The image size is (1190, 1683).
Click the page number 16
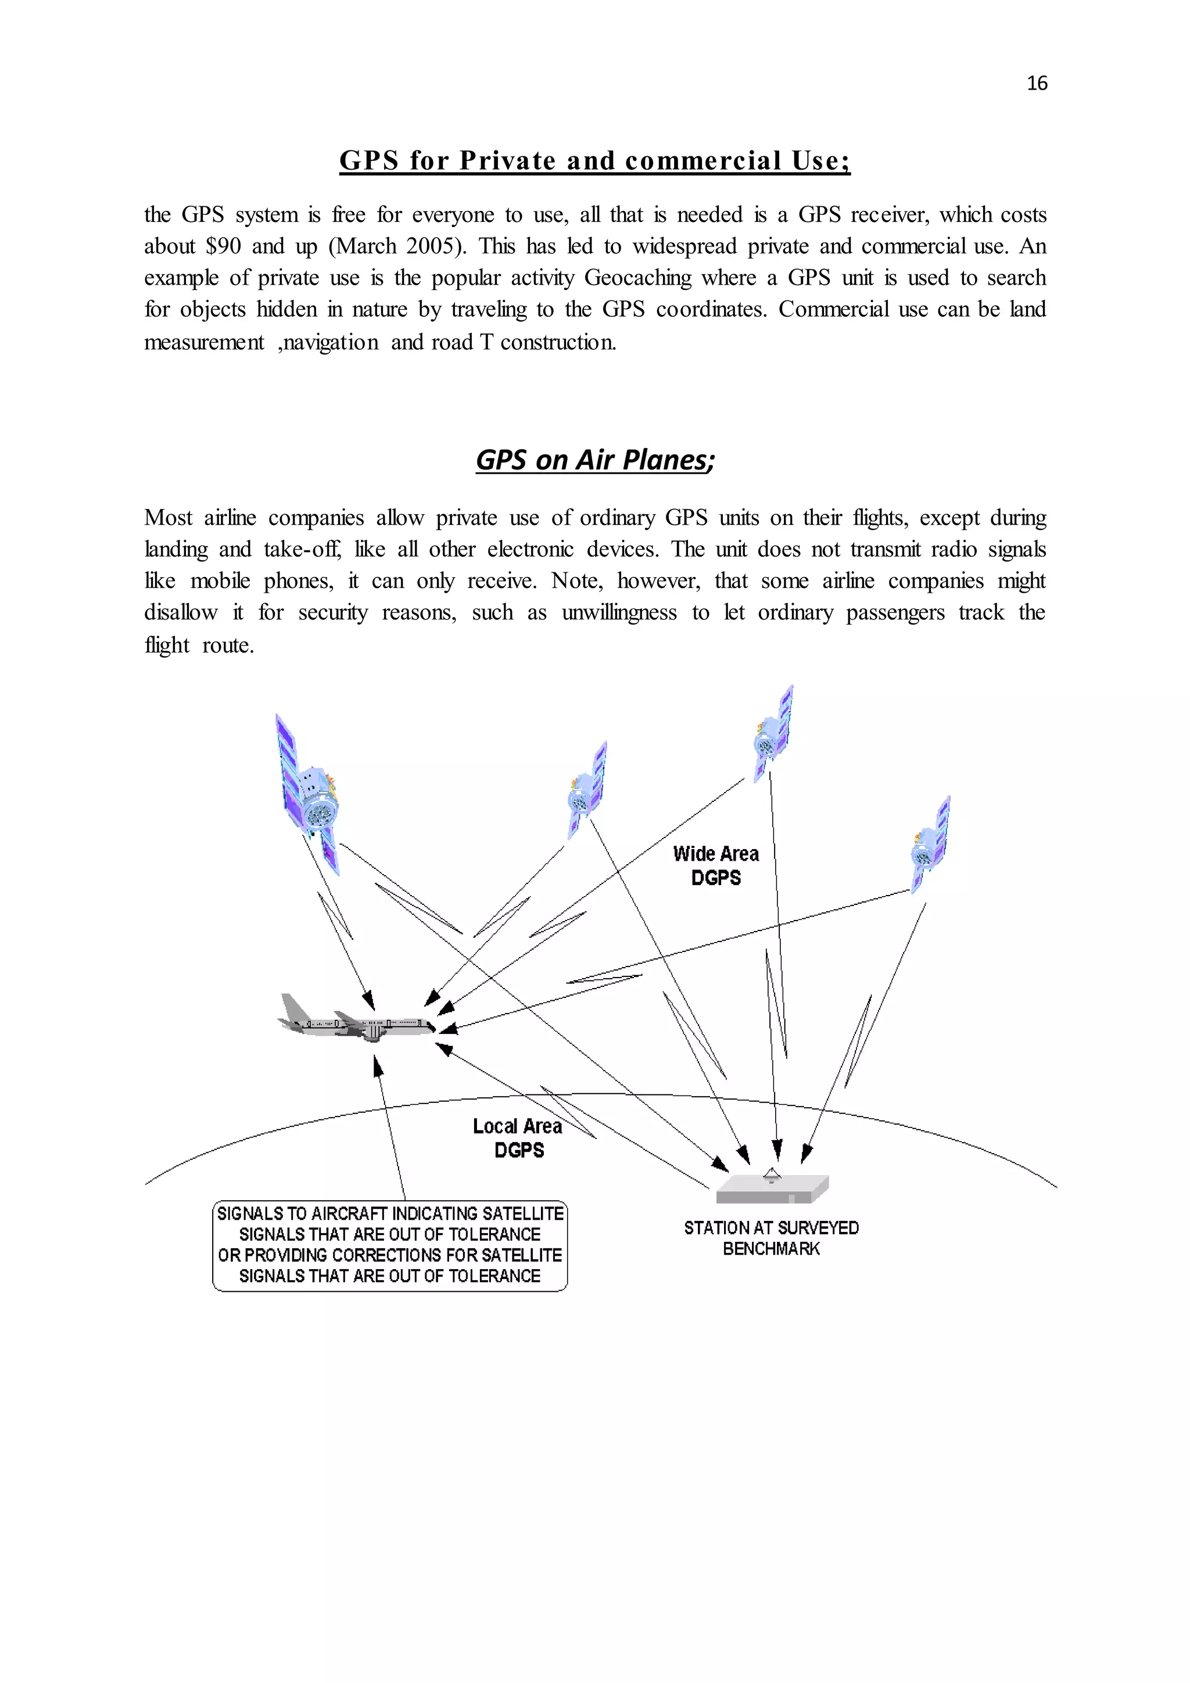[x=1037, y=84]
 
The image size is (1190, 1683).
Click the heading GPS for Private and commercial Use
[x=594, y=160]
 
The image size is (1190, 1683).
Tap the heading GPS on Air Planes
[x=594, y=460]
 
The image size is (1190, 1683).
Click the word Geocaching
[x=637, y=278]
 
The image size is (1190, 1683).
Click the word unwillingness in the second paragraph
[x=619, y=613]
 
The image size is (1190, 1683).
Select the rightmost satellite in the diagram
[x=931, y=844]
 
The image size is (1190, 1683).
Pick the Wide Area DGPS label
[x=716, y=866]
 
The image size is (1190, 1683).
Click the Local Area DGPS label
[x=518, y=1138]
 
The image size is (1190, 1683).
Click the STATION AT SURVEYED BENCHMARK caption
[x=771, y=1238]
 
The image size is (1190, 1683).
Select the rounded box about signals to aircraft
[x=390, y=1245]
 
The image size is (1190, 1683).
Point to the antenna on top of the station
[x=772, y=1174]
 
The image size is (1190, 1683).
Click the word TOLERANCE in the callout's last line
[x=494, y=1276]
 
